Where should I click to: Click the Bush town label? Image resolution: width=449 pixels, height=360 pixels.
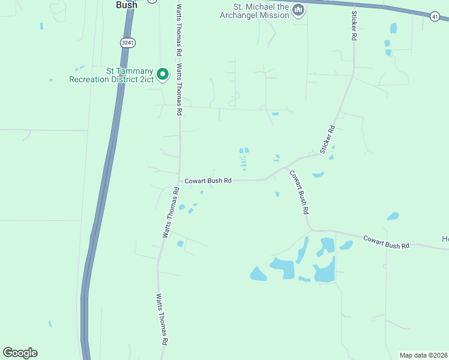click(x=126, y=4)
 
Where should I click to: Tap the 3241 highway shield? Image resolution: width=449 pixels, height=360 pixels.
click(x=127, y=43)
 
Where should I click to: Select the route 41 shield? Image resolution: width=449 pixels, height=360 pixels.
click(x=435, y=16)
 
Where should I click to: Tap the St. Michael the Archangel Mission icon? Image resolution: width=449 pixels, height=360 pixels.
click(x=298, y=10)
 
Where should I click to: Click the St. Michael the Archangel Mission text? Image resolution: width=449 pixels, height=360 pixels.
click(x=255, y=11)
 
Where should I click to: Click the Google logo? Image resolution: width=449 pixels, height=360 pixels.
click(x=20, y=353)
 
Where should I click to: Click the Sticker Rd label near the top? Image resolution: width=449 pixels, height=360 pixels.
click(x=354, y=25)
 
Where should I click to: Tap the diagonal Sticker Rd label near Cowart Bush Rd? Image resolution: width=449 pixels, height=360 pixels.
click(x=327, y=140)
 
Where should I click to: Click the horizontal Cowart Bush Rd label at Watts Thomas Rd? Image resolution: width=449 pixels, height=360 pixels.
click(x=208, y=180)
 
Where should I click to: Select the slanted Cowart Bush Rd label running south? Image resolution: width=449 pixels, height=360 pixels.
click(x=299, y=193)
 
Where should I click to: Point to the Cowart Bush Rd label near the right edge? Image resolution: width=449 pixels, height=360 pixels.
click(x=386, y=242)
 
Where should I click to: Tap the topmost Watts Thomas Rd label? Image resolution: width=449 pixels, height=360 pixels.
click(x=178, y=21)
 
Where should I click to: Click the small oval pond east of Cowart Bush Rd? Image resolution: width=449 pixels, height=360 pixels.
click(x=393, y=216)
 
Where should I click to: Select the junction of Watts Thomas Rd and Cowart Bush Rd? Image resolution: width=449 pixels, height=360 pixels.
click(x=180, y=180)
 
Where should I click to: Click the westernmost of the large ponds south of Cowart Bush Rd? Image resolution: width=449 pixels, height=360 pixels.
click(x=258, y=274)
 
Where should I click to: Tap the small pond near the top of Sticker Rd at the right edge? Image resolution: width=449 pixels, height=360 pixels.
click(x=393, y=28)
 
